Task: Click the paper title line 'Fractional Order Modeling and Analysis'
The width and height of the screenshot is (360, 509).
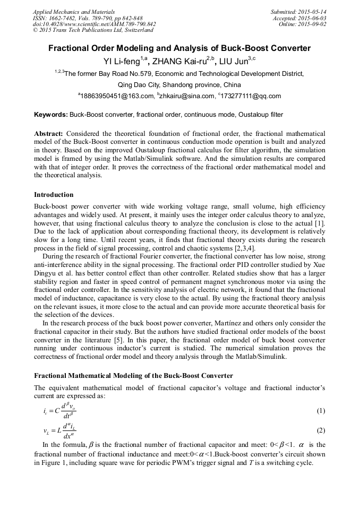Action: click(179, 48)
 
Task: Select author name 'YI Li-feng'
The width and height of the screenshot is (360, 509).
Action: click(121, 62)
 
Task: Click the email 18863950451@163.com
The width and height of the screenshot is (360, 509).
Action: click(116, 96)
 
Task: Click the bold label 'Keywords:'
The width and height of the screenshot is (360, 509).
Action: click(51, 115)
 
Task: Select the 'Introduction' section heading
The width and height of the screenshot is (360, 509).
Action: click(54, 195)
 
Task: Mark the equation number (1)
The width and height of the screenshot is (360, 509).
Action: click(321, 411)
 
